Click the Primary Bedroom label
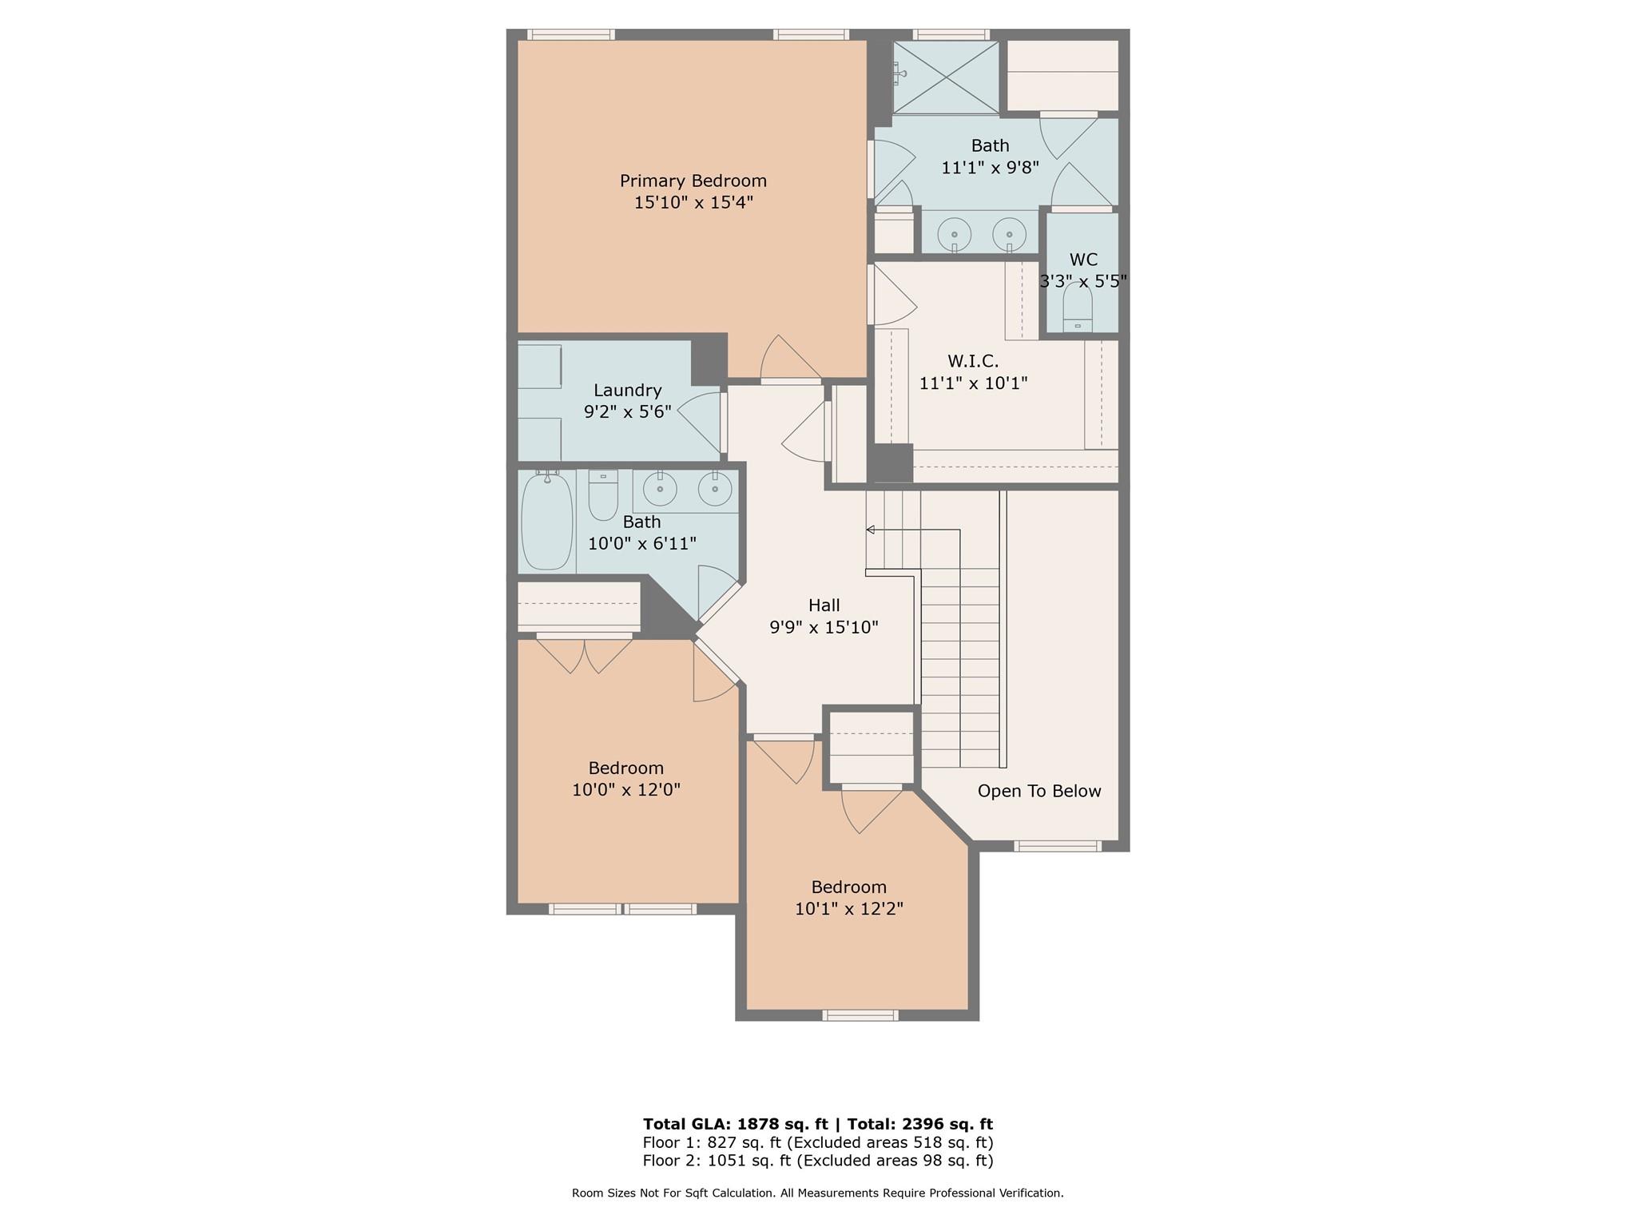(x=693, y=181)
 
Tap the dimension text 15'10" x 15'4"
(x=693, y=202)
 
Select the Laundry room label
(x=627, y=391)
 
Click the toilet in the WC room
(x=1078, y=309)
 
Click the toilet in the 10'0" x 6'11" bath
(x=603, y=494)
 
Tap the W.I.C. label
(x=973, y=361)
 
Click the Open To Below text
(x=1039, y=791)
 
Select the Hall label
(x=824, y=606)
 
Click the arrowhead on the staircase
(x=870, y=530)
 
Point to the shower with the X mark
(x=946, y=77)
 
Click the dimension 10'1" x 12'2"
(x=848, y=909)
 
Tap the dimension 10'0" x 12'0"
(x=626, y=790)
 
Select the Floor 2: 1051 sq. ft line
(x=818, y=1161)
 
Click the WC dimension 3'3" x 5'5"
(x=1083, y=281)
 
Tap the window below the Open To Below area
(x=1058, y=846)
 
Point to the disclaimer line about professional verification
(x=818, y=1193)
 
